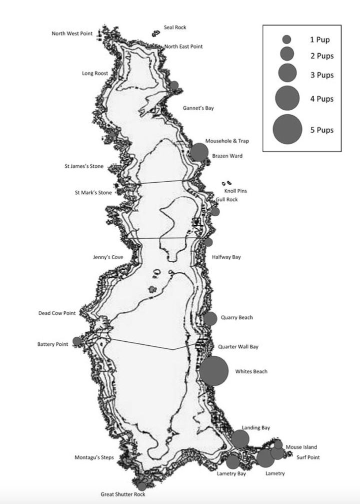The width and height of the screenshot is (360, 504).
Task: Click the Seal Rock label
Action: coord(175,28)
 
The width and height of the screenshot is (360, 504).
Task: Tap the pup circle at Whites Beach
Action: coord(214,371)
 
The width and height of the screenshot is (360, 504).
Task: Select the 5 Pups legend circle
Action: coord(287,129)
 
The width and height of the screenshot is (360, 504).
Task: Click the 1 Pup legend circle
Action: coord(286,39)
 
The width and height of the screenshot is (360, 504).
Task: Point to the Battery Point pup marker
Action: coord(77,341)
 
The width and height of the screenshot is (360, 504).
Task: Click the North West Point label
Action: coord(72,34)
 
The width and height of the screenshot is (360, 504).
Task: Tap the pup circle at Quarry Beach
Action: coord(210,318)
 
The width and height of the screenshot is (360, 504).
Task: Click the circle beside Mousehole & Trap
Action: coord(199,152)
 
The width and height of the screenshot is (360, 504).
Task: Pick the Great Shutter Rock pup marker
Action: coord(142,486)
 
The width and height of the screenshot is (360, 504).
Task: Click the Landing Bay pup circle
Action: coord(240,439)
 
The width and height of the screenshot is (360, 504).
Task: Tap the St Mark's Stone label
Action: coord(93,192)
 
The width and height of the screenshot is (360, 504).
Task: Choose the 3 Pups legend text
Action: coord(321,75)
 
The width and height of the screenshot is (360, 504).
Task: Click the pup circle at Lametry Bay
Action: coord(233,461)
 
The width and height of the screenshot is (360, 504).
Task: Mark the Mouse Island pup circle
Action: coord(278,444)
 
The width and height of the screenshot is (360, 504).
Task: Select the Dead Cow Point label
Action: coord(57,313)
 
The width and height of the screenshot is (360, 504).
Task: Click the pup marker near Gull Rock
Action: coord(215,211)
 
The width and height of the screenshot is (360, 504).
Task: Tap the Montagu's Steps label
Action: coord(94,457)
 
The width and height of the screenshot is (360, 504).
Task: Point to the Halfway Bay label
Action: coord(226,257)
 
